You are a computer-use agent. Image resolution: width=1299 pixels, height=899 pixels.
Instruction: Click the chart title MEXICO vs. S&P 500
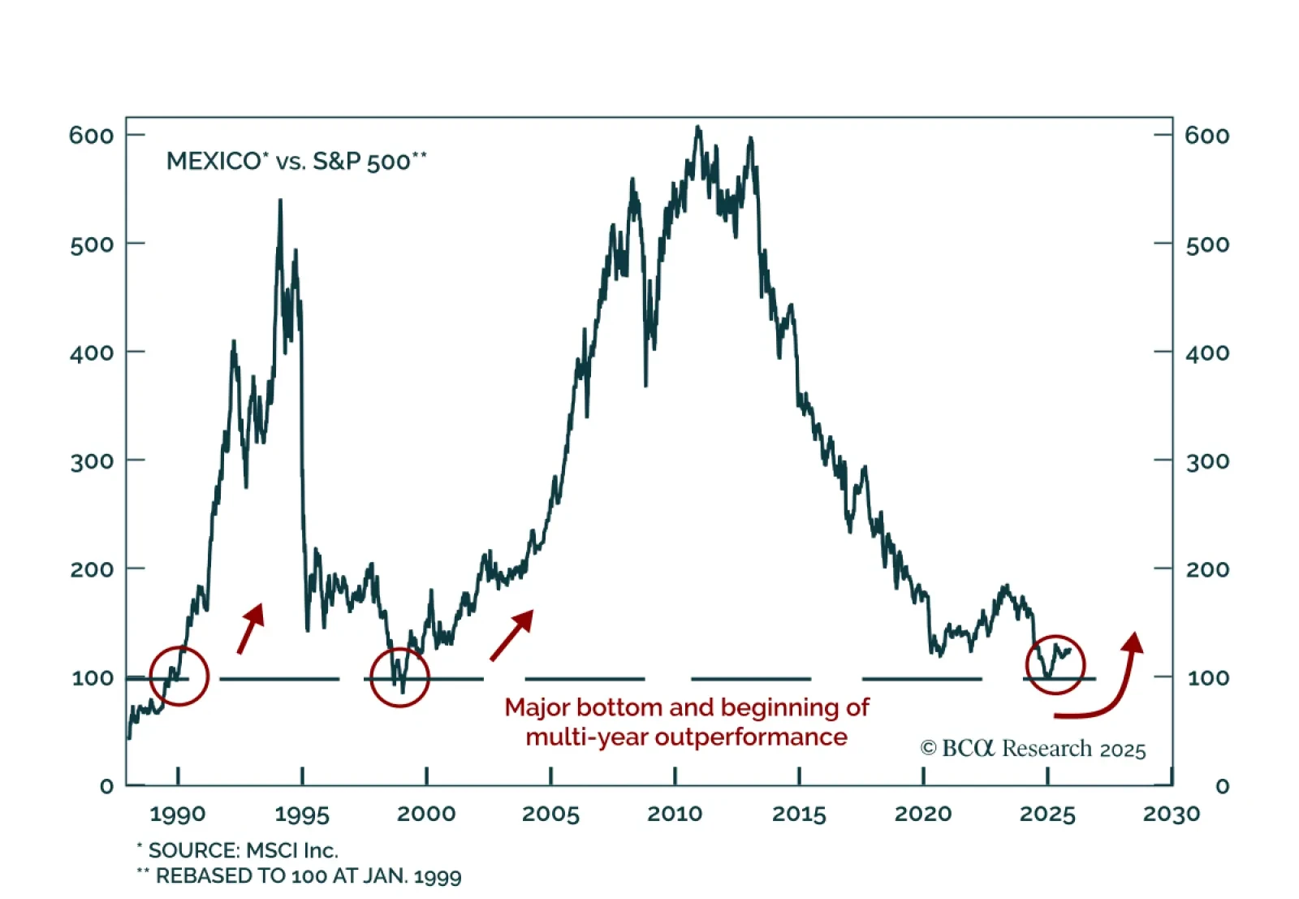(296, 161)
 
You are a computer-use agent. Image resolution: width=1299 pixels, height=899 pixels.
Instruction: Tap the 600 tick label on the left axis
(91, 135)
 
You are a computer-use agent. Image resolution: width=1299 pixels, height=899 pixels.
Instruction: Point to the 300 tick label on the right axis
(1207, 460)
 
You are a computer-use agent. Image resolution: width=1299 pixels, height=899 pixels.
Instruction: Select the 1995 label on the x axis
(302, 814)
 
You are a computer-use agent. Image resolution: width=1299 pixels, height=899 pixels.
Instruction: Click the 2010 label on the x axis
(675, 814)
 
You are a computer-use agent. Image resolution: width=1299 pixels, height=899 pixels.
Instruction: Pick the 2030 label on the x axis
(1171, 814)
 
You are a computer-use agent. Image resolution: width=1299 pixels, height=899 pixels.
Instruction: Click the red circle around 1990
(179, 676)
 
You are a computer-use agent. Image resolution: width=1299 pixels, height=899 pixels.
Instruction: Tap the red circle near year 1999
(399, 677)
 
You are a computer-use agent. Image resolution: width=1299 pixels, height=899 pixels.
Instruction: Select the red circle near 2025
(1055, 664)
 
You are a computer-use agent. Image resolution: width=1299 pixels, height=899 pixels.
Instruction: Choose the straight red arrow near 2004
(512, 634)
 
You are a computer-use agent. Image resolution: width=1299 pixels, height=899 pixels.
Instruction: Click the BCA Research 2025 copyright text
(1033, 749)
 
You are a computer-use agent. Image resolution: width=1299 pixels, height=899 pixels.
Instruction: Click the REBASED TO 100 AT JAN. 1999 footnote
(300, 876)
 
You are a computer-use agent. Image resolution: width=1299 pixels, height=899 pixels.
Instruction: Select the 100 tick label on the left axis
(92, 677)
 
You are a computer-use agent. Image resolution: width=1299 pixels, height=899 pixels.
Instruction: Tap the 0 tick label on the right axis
(1222, 786)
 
